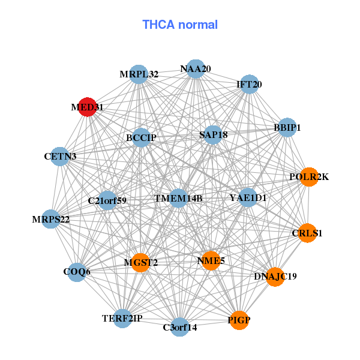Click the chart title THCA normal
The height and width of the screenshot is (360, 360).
point(180,25)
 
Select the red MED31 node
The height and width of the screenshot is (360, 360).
point(88,107)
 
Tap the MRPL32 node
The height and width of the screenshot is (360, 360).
point(139,74)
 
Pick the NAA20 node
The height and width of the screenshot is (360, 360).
point(195,69)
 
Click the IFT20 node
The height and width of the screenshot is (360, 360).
point(249,84)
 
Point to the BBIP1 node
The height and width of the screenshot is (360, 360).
point(287,127)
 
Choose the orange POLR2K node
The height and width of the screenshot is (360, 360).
point(308,176)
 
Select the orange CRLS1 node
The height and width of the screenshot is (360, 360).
point(307,233)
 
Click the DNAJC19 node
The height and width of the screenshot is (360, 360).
point(275,276)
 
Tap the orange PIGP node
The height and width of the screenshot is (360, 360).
point(239,320)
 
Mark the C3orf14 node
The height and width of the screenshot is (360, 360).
point(180,327)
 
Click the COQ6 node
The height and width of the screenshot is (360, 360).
point(77,271)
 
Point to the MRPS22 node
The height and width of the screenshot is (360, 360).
point(52,219)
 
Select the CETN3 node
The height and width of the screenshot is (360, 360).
point(60,157)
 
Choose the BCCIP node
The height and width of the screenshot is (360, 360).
point(141,138)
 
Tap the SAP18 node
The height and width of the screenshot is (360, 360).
point(213,135)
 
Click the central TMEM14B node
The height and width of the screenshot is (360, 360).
point(178,198)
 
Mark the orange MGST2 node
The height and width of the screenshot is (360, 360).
point(140,262)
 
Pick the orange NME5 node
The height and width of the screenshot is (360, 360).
point(211,260)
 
